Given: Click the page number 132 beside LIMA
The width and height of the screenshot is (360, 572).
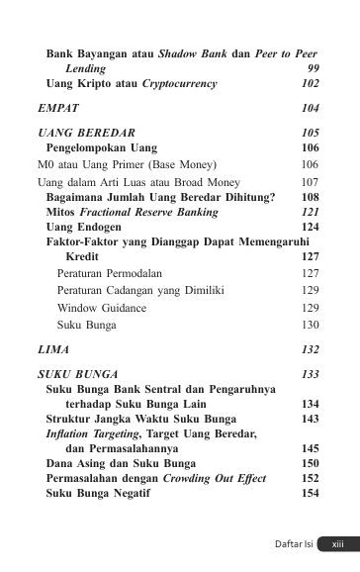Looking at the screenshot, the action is pyautogui.click(x=310, y=350).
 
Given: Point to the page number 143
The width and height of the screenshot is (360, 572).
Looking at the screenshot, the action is pyautogui.click(x=310, y=419).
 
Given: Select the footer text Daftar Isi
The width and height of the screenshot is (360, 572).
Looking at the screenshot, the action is pyautogui.click(x=295, y=543).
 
